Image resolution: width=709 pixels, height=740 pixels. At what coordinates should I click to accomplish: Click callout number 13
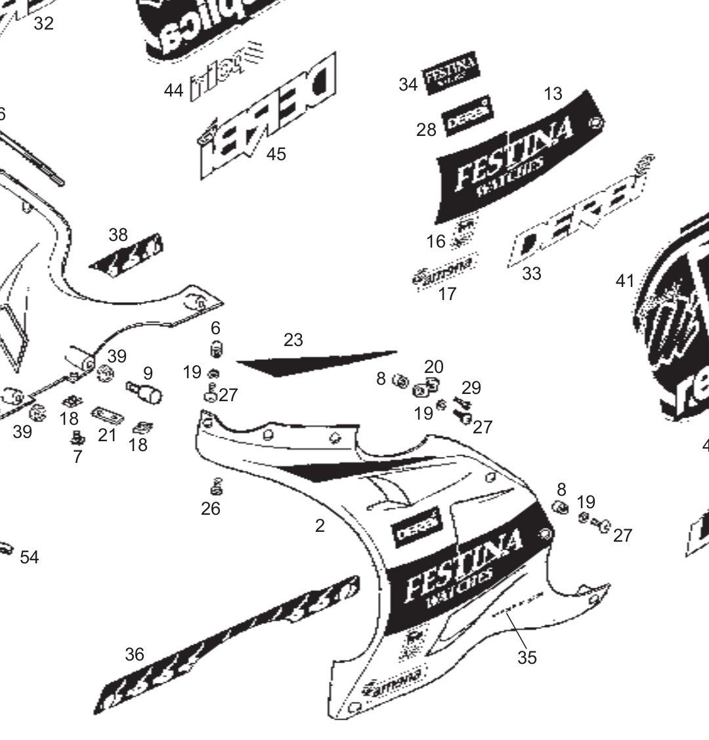pos(553,94)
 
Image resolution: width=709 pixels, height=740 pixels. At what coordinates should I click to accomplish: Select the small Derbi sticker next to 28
pos(467,117)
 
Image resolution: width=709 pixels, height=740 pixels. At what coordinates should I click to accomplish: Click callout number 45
pos(276,154)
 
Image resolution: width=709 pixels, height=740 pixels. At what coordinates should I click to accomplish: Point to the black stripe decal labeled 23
pos(315,362)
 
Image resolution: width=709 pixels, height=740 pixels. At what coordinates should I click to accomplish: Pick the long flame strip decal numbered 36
pos(226,646)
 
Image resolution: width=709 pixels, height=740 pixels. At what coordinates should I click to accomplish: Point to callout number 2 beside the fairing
pos(320,526)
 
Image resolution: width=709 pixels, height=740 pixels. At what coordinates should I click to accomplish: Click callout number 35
pos(526,657)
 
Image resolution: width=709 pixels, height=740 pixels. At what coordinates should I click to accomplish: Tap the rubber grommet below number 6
pos(214,349)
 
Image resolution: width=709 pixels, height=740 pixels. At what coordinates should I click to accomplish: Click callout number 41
pos(625,281)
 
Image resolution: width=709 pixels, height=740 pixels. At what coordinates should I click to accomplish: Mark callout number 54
pos(30,557)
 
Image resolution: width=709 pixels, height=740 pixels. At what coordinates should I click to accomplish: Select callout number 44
pos(173,90)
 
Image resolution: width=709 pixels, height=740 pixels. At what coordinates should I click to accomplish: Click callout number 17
pos(447,294)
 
